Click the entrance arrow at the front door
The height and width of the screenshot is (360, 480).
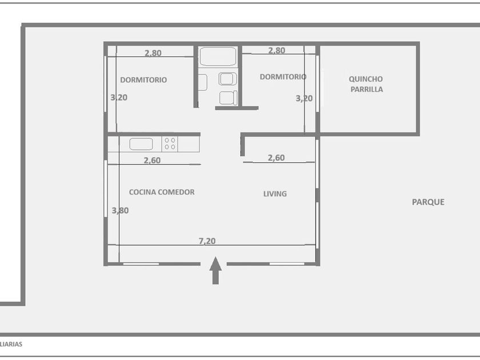pyautogui.click(x=215, y=270)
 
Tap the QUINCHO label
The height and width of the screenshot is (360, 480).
pyautogui.click(x=366, y=79)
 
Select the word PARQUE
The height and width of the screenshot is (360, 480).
pyautogui.click(x=428, y=202)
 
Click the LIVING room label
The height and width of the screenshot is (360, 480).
pyautogui.click(x=275, y=194)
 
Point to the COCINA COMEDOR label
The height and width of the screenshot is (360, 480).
pyautogui.click(x=162, y=192)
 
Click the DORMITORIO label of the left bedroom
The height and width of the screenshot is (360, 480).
pyautogui.click(x=143, y=80)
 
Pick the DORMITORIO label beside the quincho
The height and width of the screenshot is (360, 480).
pyautogui.click(x=283, y=77)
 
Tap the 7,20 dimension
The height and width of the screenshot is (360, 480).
pyautogui.click(x=207, y=241)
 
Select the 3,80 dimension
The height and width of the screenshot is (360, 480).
pyautogui.click(x=120, y=211)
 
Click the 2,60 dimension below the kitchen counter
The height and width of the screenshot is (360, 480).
pyautogui.click(x=152, y=160)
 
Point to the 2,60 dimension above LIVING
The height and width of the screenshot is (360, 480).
pyautogui.click(x=276, y=158)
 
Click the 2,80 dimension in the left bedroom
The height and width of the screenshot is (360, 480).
pyautogui.click(x=153, y=53)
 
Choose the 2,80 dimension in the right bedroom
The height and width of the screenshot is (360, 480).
pyautogui.click(x=277, y=50)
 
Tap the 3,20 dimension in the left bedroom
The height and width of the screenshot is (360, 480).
pyautogui.click(x=119, y=97)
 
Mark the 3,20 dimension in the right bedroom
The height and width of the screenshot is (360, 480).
pyautogui.click(x=304, y=98)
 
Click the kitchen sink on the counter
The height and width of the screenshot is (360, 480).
pyautogui.click(x=141, y=144)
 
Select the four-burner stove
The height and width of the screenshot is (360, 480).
pyautogui.click(x=170, y=144)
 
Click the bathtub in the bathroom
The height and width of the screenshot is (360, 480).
pyautogui.click(x=218, y=57)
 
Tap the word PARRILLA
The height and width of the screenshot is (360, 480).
pyautogui.click(x=367, y=89)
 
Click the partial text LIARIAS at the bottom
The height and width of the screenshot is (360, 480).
pyautogui.click(x=11, y=344)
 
